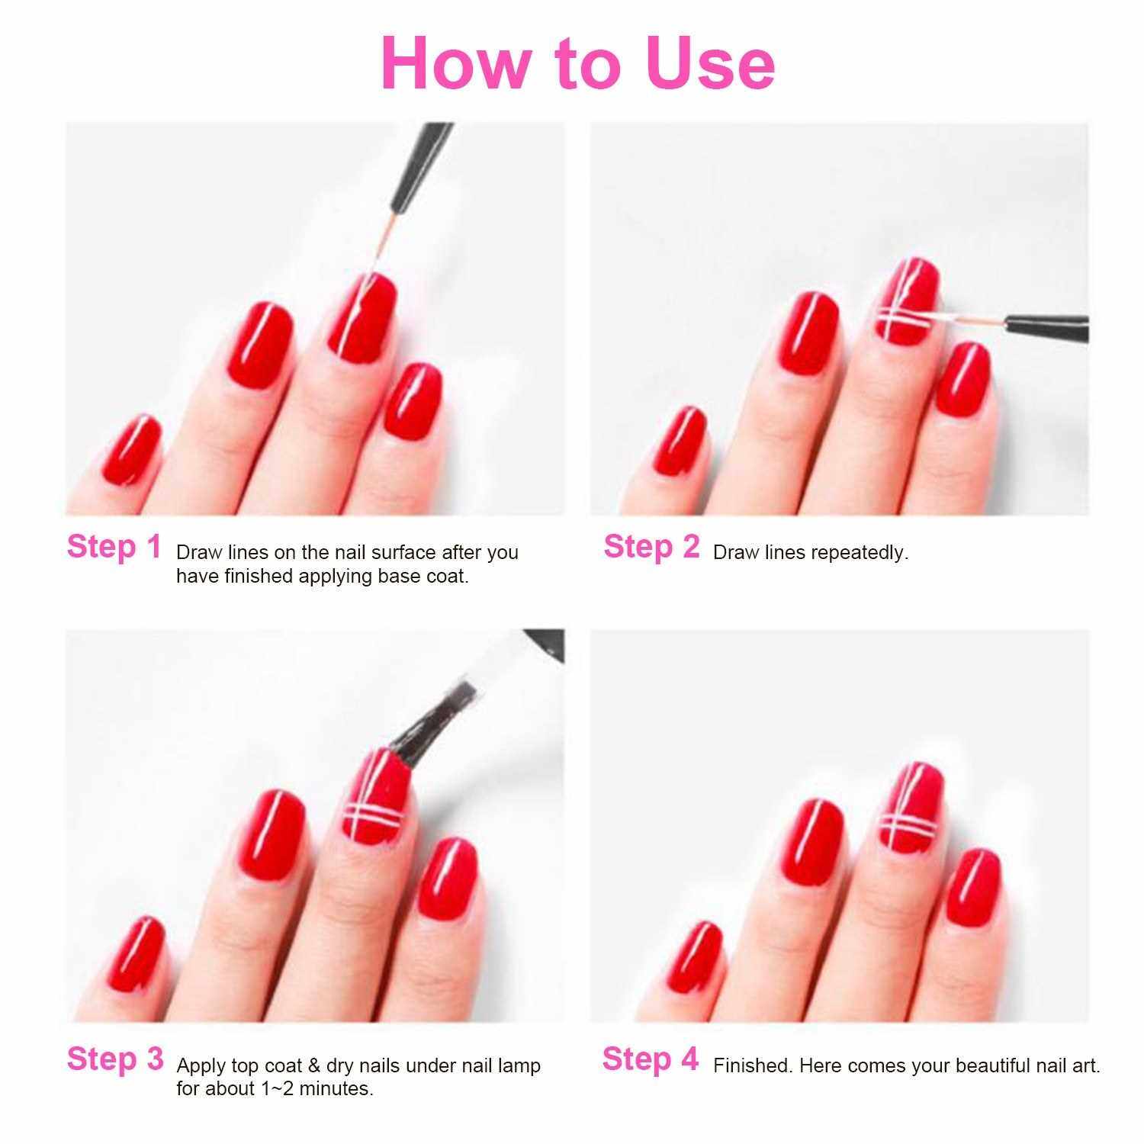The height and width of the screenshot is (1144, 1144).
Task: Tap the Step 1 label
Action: tap(114, 547)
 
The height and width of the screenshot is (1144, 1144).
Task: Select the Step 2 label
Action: tap(651, 547)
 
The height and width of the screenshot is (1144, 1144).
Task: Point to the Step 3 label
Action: tap(115, 1059)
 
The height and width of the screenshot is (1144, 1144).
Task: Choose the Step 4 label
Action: tap(651, 1059)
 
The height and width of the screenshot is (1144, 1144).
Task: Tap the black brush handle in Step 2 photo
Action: tap(1047, 326)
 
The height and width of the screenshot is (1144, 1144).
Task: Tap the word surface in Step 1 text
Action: tap(389, 553)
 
